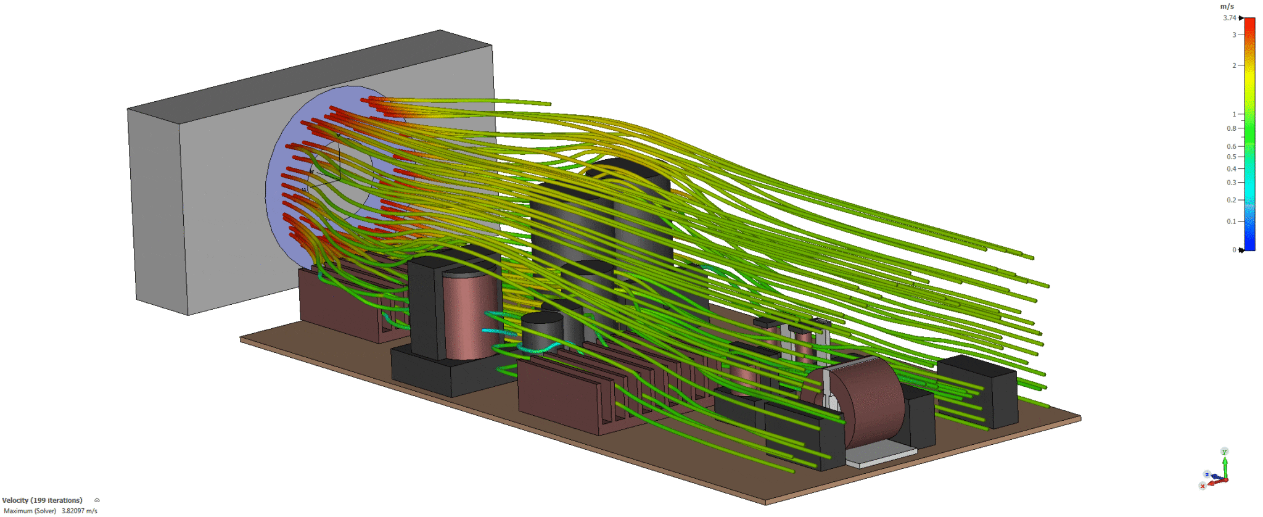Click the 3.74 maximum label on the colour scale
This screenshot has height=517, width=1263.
[1230, 18]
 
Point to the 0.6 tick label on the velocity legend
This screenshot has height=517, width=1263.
[1232, 146]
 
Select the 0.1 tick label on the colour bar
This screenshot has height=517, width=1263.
[1232, 221]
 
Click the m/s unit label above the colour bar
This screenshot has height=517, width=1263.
[1227, 6]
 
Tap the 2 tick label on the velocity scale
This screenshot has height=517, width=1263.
[1234, 65]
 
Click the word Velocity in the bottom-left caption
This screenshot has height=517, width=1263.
[15, 500]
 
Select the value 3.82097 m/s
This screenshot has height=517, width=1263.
[80, 511]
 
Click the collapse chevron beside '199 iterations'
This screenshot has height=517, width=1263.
[97, 500]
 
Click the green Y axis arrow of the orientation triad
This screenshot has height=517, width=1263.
[1225, 460]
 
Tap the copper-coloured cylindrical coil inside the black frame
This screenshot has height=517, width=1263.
[469, 315]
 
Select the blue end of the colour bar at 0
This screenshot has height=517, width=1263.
[1249, 247]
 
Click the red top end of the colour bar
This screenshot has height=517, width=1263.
[1249, 22]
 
